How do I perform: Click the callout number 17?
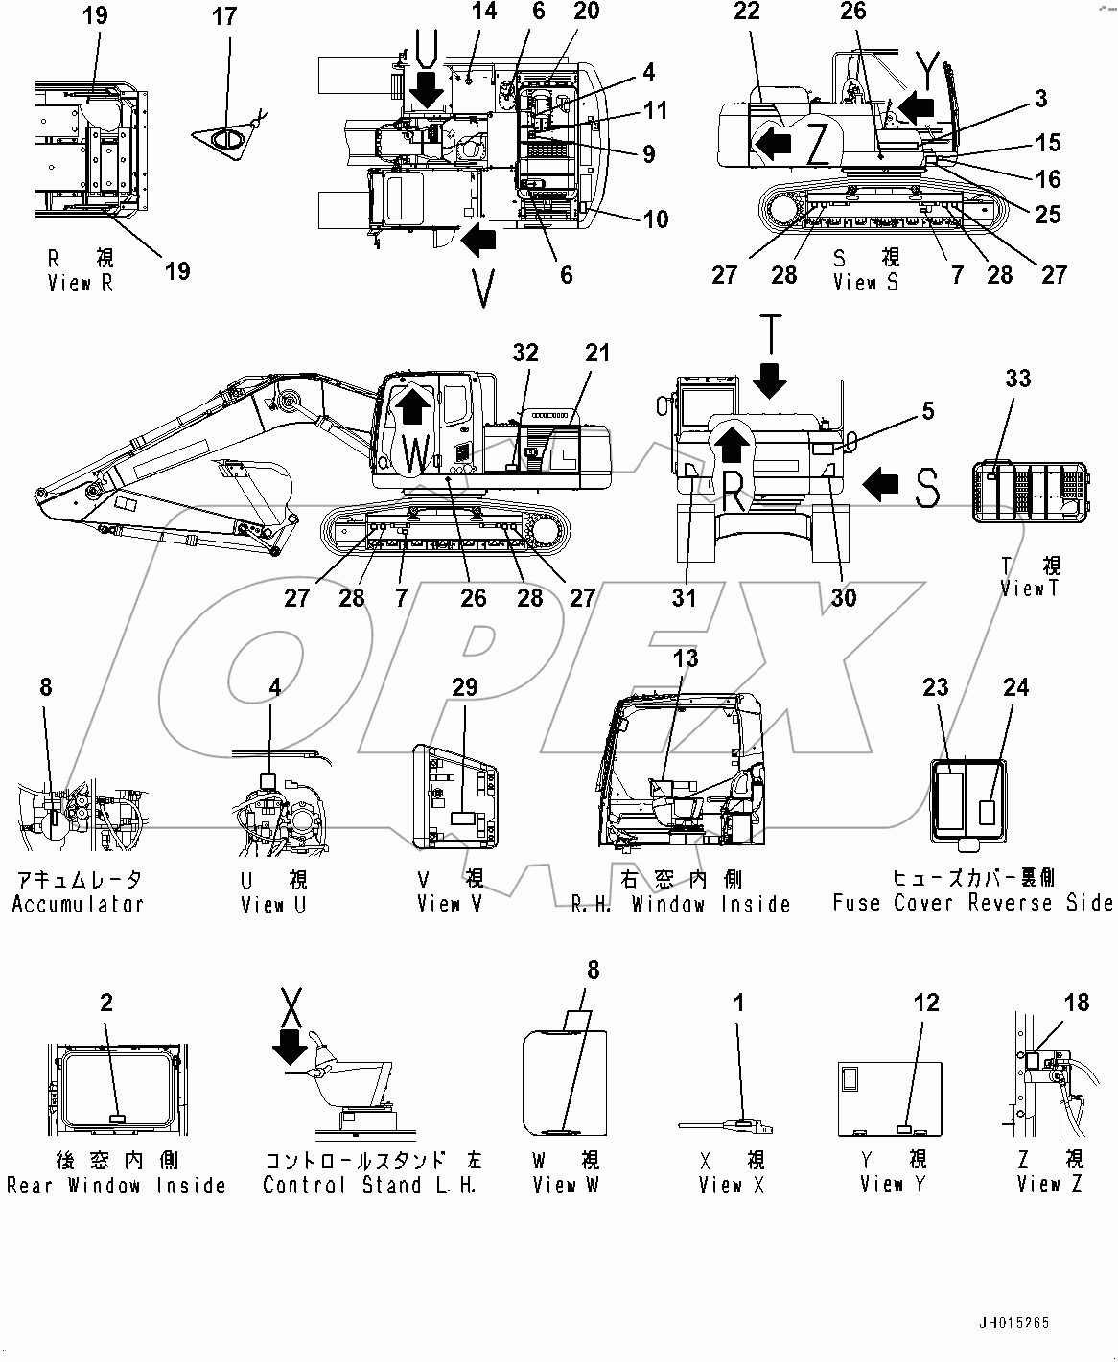(x=223, y=16)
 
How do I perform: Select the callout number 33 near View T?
(x=1018, y=379)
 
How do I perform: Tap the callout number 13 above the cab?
(x=686, y=658)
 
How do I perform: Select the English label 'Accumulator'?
(x=78, y=904)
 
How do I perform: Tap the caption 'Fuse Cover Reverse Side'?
(x=972, y=903)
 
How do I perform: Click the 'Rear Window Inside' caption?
(x=116, y=1186)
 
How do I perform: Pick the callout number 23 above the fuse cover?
(x=936, y=687)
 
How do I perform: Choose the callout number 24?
(x=1015, y=687)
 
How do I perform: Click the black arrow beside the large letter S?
(x=880, y=486)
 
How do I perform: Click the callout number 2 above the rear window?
(x=106, y=1003)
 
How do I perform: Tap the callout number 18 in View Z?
(x=1077, y=1003)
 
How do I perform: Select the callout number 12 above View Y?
(x=926, y=1003)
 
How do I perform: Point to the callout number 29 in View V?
(x=465, y=687)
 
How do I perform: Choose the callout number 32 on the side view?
(x=525, y=353)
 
